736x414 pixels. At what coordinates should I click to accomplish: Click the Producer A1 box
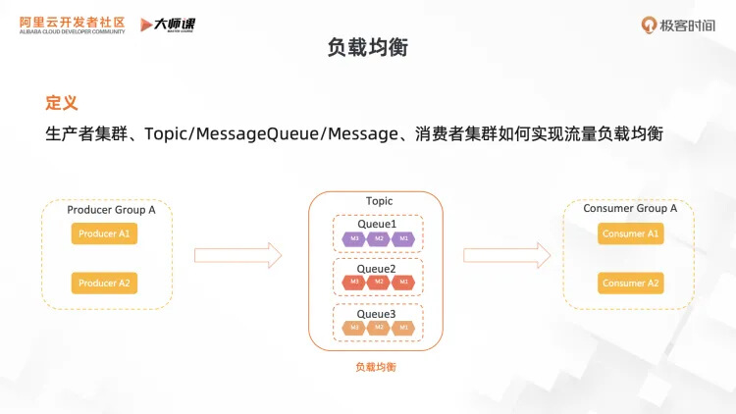[104, 234]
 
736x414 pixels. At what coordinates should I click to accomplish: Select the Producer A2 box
[104, 284]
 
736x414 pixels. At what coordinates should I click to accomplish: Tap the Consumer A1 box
[631, 234]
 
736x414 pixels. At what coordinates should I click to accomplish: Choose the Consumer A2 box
[631, 284]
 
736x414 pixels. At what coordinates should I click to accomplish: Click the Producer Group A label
[111, 210]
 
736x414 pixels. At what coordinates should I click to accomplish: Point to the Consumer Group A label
[630, 209]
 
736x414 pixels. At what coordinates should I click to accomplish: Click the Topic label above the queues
[379, 201]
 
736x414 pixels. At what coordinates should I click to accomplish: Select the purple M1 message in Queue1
[402, 238]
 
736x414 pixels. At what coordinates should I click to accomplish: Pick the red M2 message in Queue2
[379, 283]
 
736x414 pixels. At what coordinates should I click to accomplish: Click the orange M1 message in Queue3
[402, 327]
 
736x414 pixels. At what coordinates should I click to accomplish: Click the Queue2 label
[377, 269]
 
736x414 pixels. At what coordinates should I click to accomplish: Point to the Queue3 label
[377, 314]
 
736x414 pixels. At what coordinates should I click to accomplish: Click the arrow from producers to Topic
[238, 256]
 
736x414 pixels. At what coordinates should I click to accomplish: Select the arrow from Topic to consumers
[507, 256]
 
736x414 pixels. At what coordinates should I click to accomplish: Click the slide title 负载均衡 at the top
[368, 47]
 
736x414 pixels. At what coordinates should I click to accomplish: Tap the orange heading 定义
[62, 103]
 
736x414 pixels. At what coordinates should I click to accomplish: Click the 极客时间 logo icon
[650, 25]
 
